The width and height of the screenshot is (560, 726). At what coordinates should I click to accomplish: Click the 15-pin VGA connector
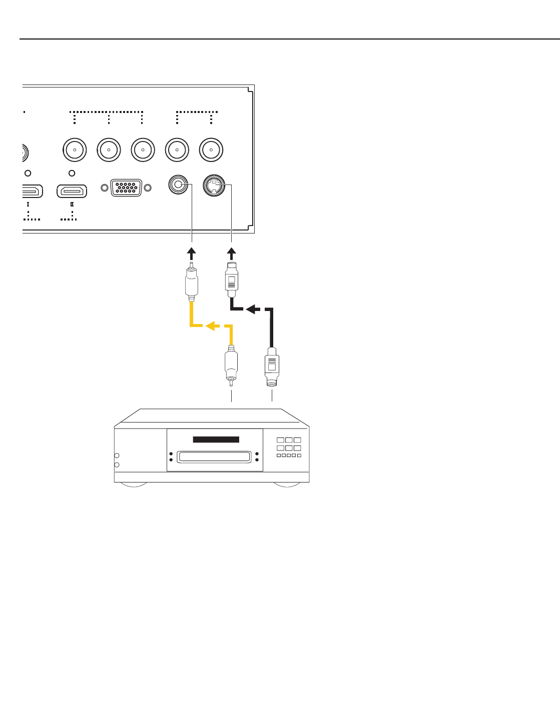coord(126,188)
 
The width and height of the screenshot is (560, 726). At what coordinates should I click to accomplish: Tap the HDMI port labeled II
coord(72,191)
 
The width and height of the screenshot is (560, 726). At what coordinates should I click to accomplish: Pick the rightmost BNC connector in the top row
coord(211,149)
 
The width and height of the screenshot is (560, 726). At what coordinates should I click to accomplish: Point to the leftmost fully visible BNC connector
coord(75,149)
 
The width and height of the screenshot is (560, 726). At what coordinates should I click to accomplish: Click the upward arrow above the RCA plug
coord(192,250)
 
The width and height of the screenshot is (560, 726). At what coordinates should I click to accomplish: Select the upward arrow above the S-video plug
coord(231,250)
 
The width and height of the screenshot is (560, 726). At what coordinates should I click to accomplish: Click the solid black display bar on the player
coord(216,439)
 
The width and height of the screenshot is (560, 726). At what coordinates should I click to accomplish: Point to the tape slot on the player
coord(214,456)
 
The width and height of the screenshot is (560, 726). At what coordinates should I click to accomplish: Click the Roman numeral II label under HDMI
coord(72,204)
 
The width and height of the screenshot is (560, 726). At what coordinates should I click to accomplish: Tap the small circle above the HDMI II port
coord(72,173)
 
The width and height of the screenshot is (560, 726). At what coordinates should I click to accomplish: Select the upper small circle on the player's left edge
coord(117,455)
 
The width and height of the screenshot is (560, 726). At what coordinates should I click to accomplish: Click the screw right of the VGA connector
coord(148,188)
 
